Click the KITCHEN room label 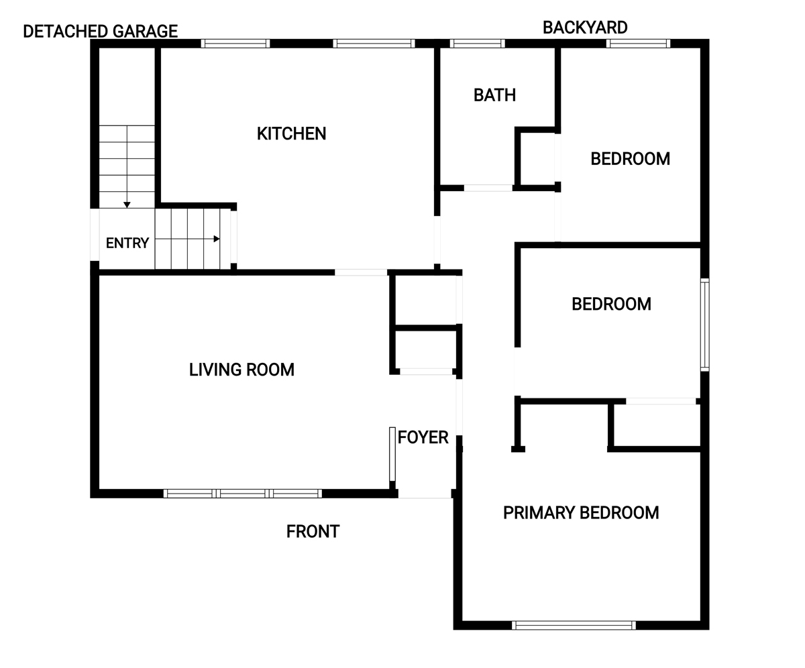291,133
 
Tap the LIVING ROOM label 241,370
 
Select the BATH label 494,95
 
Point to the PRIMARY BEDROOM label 581,512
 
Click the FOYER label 423,437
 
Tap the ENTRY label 127,243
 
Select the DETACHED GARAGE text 100,32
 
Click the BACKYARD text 585,27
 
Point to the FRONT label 313,532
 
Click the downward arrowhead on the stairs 127,205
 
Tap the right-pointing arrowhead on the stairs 217,239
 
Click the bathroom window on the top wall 477,44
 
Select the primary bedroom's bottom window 574,625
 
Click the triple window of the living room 242,494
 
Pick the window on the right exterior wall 705,325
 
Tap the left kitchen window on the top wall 235,44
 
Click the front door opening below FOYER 425,494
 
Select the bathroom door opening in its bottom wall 488,188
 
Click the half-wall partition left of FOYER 392,454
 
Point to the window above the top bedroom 638,44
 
